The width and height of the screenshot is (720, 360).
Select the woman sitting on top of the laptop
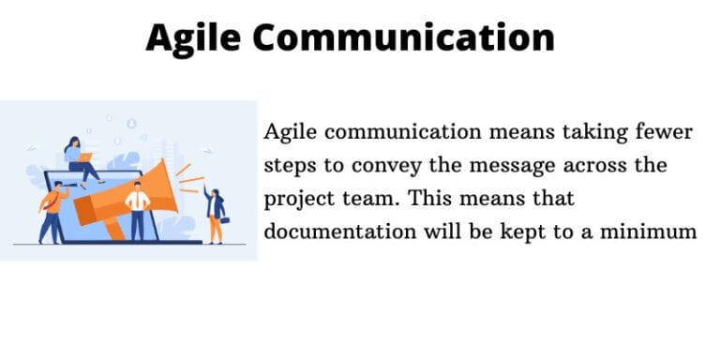pos(78,159)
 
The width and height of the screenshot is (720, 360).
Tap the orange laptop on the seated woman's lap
pos(85,157)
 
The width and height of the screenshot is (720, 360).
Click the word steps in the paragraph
pos(287,165)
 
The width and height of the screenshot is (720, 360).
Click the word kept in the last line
pos(509,230)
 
